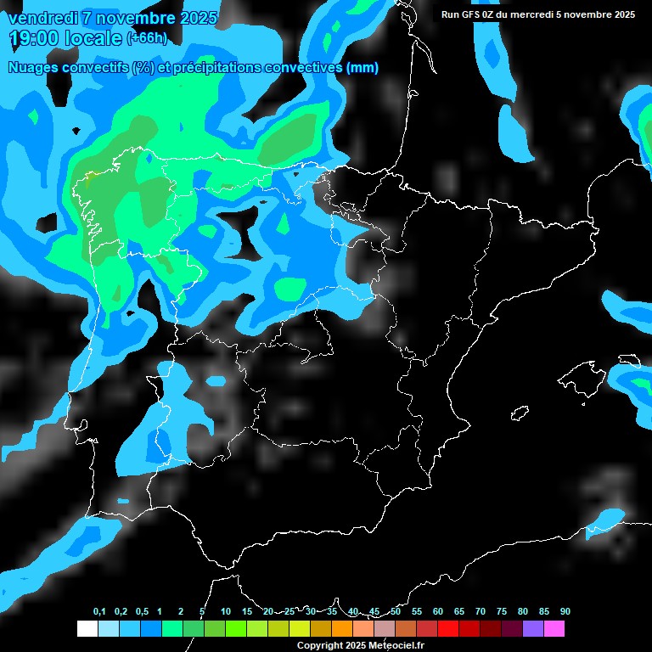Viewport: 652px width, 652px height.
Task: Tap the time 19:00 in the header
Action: pyautogui.click(x=36, y=38)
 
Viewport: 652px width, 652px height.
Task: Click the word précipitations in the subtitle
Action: pyautogui.click(x=211, y=68)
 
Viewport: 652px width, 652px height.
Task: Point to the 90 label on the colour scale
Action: pyautogui.click(x=565, y=611)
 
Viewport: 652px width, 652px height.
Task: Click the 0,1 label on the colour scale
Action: pyautogui.click(x=99, y=611)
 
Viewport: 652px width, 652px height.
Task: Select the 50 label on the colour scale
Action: pyautogui.click(x=396, y=611)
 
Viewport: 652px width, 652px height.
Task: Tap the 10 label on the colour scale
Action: pyautogui.click(x=226, y=611)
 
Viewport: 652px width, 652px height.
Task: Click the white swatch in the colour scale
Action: pyautogui.click(x=87, y=628)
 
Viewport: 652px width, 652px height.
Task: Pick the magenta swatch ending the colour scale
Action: pyautogui.click(x=554, y=628)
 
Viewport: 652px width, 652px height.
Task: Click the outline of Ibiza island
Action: pyautogui.click(x=520, y=413)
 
